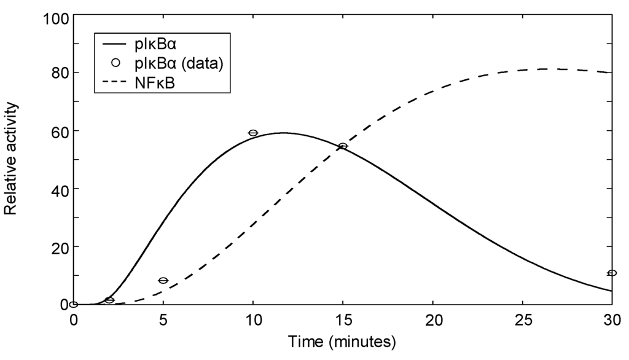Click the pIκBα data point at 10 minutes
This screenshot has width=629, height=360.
252,133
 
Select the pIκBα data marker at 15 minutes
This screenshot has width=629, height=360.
343,146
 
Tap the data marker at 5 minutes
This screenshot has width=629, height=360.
163,281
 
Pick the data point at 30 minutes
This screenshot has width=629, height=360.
612,273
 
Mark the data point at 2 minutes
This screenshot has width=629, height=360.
109,300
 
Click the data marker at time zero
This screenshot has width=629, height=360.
74,304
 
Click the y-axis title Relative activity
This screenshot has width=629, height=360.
10,159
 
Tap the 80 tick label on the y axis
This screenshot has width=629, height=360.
58,72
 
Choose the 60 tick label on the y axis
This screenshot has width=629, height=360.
58,131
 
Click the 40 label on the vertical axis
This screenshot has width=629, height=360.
58,189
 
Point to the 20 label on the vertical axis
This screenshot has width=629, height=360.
58,247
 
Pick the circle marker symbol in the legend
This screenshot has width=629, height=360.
115,63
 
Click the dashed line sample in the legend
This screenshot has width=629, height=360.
115,82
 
